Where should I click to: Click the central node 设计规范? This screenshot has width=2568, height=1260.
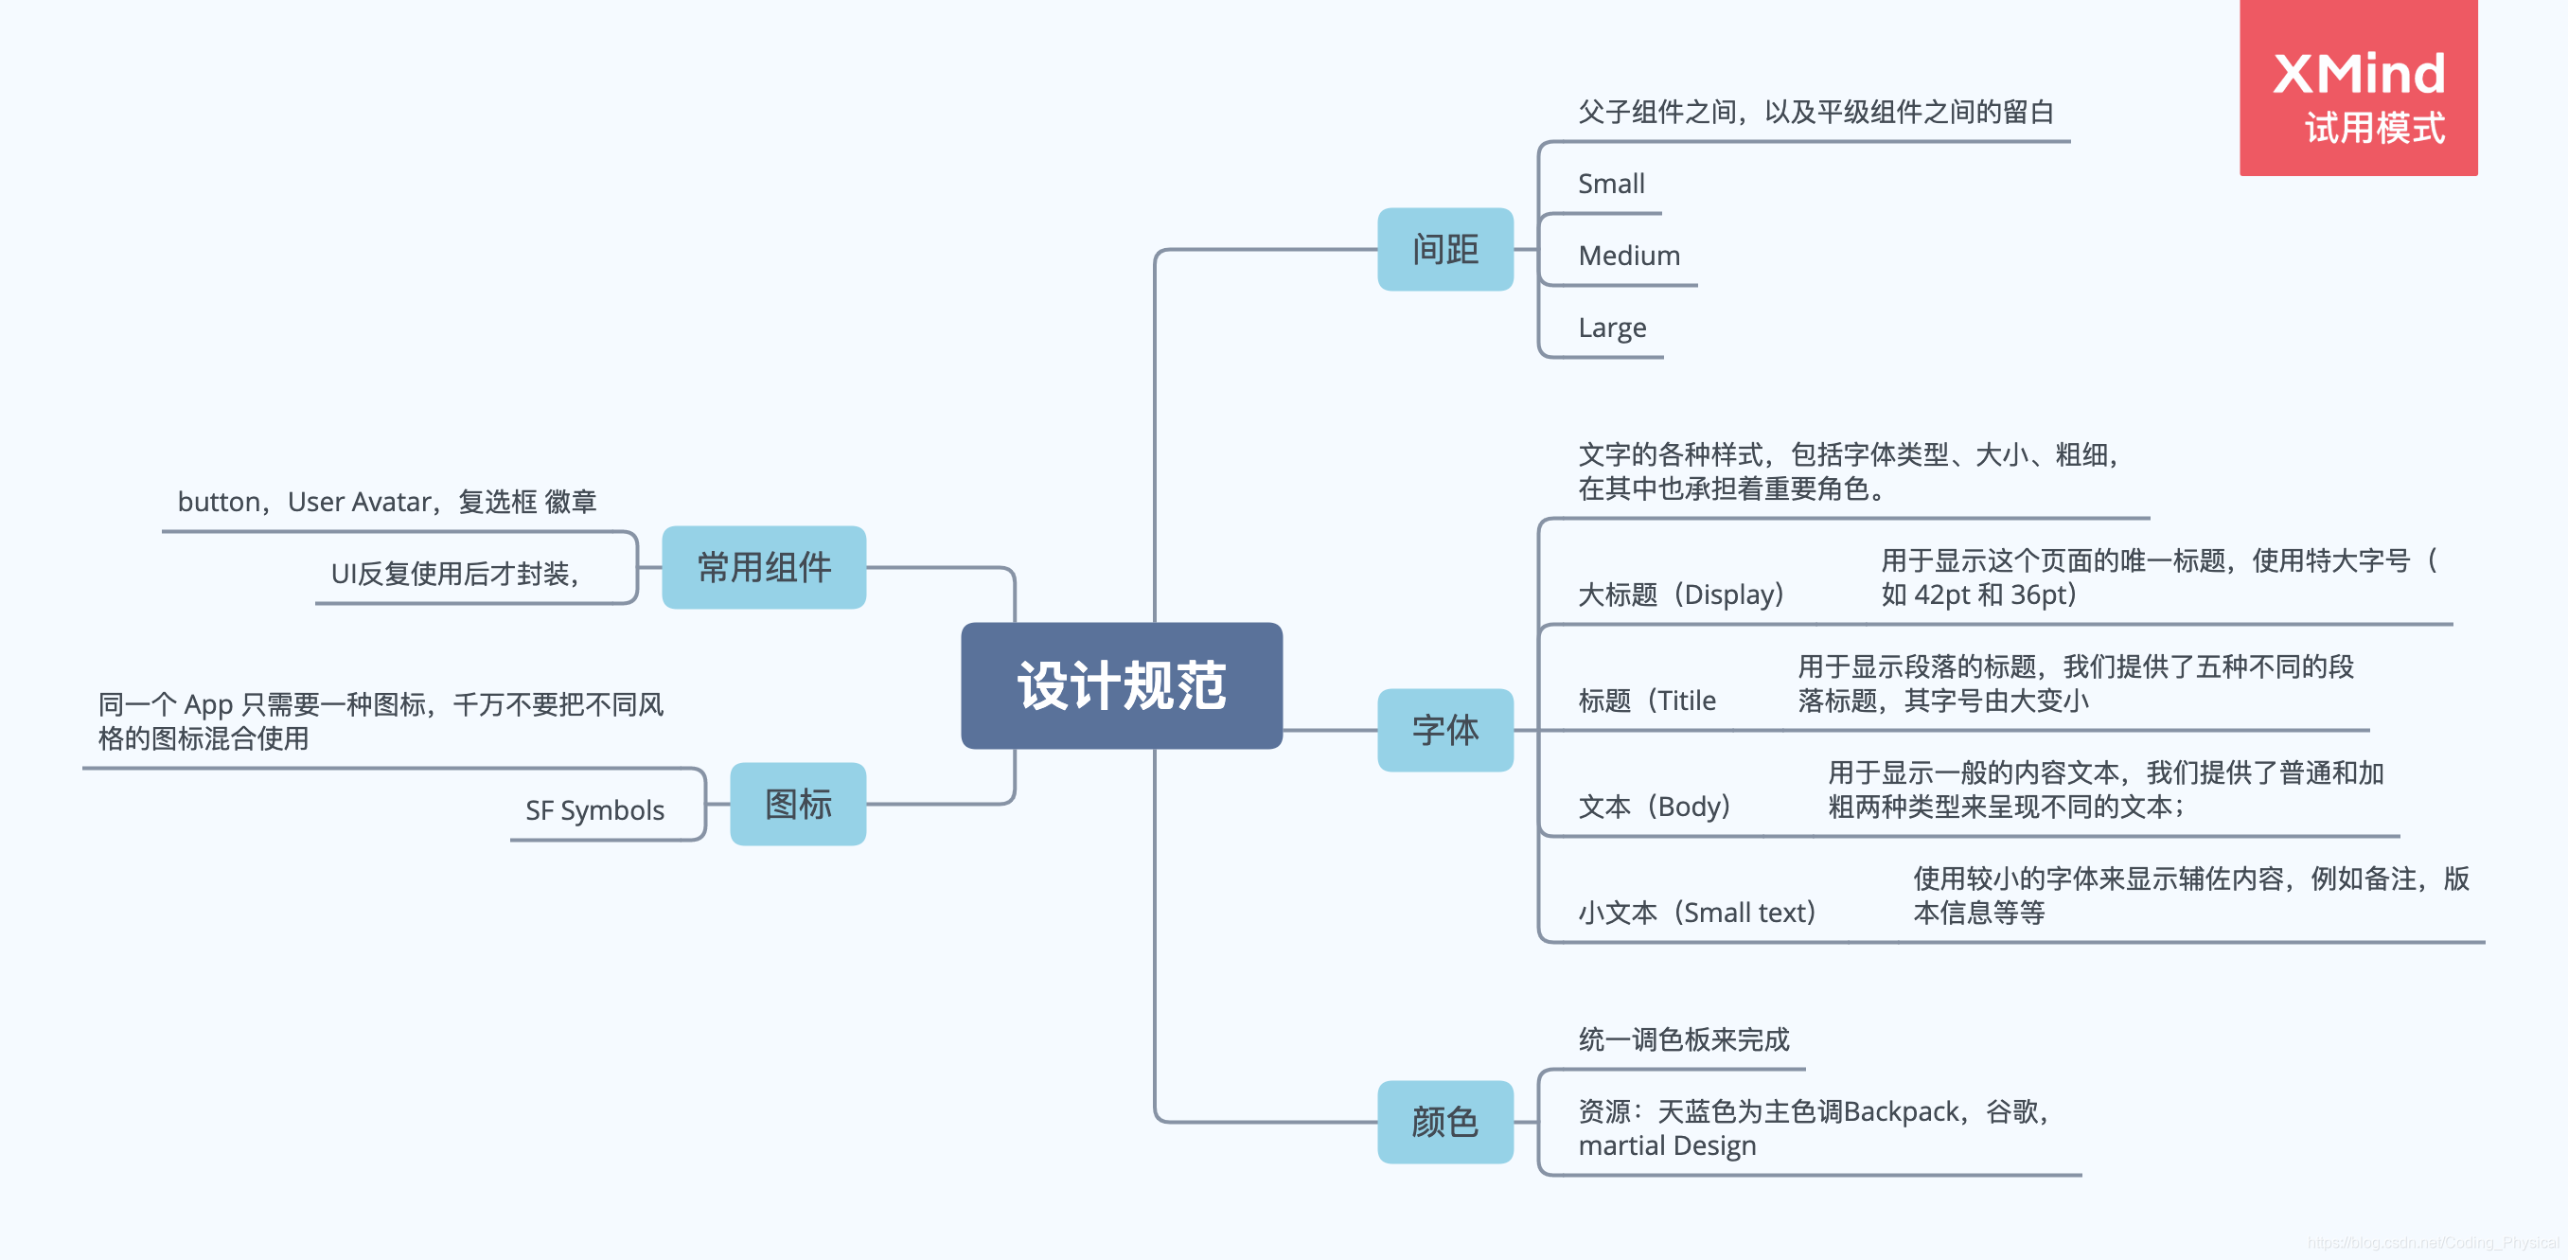click(x=1122, y=685)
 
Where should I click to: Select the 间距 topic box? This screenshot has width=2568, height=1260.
click(x=1444, y=249)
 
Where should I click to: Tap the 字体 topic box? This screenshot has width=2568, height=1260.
click(x=1444, y=730)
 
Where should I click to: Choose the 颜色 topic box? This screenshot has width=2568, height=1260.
click(x=1444, y=1122)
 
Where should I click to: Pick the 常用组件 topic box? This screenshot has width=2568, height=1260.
click(x=764, y=567)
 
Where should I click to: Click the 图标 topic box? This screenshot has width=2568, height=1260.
click(x=798, y=804)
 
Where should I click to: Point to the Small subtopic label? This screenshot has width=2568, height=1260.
click(x=1611, y=185)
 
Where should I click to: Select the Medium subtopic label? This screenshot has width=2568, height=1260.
click(x=1629, y=257)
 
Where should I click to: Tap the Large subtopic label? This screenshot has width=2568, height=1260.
click(x=1612, y=328)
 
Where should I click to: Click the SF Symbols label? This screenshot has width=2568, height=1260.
click(x=594, y=810)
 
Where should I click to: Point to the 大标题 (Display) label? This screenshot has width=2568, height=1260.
click(x=1682, y=595)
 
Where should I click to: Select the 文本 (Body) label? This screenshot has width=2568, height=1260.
click(x=1655, y=807)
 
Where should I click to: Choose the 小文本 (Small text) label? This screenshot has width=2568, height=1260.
click(x=1698, y=913)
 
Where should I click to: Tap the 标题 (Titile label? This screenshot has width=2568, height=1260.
click(x=1647, y=701)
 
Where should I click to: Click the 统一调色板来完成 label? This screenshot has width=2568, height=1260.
click(x=1684, y=1039)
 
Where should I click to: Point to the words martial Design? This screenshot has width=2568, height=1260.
click(x=1667, y=1146)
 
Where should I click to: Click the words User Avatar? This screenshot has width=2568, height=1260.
click(x=360, y=503)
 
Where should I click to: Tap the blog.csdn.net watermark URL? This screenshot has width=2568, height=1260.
click(x=2433, y=1242)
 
